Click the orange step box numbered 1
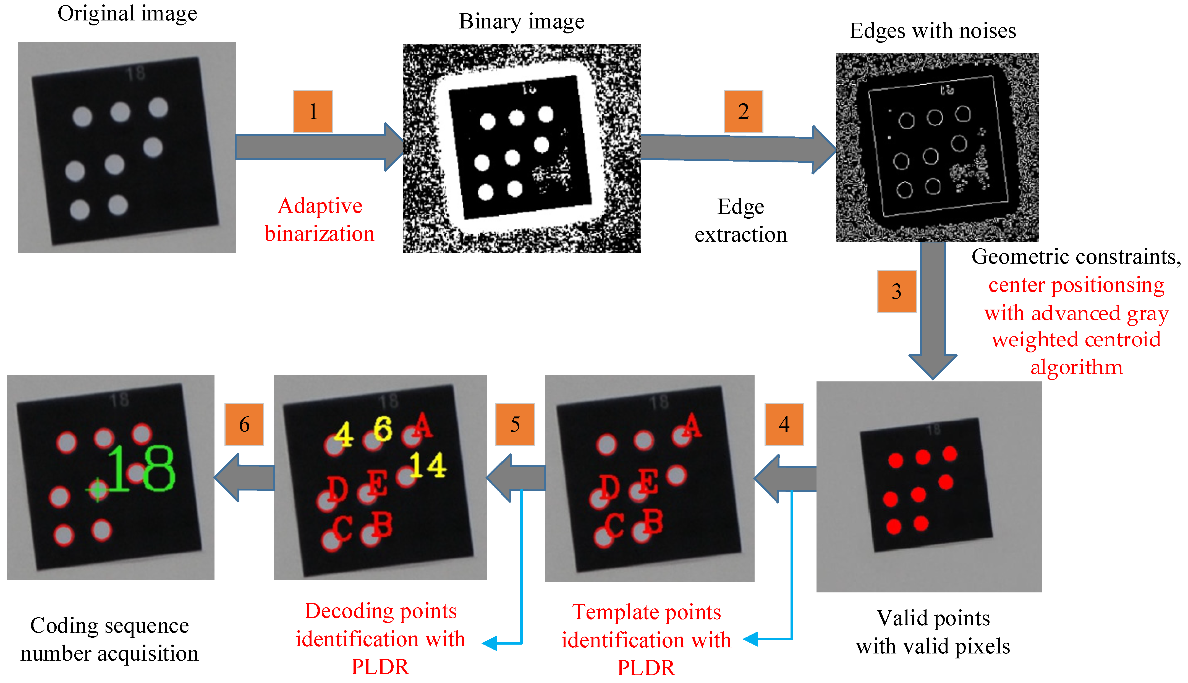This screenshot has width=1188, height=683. point(313,112)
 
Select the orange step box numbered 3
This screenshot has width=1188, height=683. point(896,291)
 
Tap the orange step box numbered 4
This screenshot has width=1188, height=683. point(784,424)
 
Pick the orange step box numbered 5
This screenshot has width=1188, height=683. point(515,424)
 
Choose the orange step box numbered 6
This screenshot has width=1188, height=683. point(244,424)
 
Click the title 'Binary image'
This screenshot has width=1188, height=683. point(522,22)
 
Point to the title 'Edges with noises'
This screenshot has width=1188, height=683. point(933,31)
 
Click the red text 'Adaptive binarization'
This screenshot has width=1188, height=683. point(320,220)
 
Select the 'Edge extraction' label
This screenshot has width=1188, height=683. point(741,220)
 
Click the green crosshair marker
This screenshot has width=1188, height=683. point(98,490)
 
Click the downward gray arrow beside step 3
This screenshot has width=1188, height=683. point(933,310)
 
